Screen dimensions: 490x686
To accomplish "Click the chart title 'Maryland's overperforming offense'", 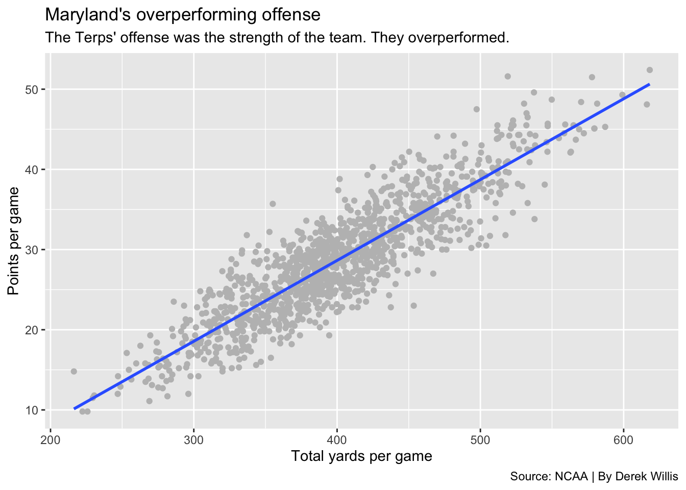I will tap(183, 15).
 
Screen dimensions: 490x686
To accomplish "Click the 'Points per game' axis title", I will tap(14, 241).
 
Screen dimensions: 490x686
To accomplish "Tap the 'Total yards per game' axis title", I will tap(361, 456).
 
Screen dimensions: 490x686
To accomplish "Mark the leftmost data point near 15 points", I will tap(73, 371).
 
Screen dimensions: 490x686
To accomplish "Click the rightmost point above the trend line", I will tap(650, 70).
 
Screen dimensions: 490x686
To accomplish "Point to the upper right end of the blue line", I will tap(649, 84).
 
